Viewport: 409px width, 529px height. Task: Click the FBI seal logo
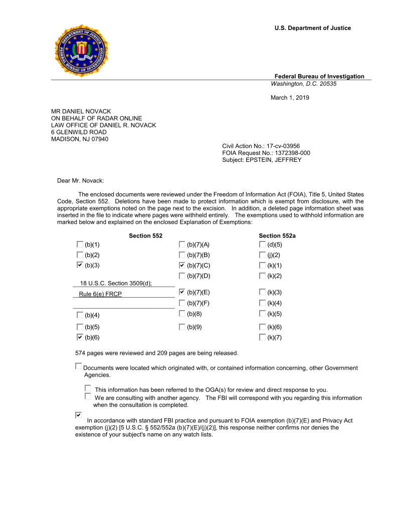(x=81, y=51)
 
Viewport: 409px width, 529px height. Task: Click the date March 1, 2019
(x=290, y=98)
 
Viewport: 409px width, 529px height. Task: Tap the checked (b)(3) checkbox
(x=80, y=265)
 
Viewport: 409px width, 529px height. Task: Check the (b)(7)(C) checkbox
(x=182, y=265)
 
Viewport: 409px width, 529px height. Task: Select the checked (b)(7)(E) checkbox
(x=182, y=292)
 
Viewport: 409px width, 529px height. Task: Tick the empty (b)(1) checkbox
(x=80, y=244)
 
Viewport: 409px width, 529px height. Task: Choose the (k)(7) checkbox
(x=262, y=337)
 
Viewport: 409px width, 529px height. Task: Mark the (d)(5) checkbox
(x=262, y=244)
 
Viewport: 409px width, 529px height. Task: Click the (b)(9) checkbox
(x=182, y=327)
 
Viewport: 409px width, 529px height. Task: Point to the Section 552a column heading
(x=277, y=235)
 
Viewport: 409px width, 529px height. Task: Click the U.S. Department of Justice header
(x=312, y=28)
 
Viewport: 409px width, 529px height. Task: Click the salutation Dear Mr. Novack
(x=81, y=180)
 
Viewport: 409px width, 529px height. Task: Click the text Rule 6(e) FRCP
(x=100, y=294)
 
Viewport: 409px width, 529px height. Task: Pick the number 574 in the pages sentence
(x=80, y=353)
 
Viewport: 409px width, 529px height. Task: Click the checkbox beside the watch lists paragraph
(x=78, y=415)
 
